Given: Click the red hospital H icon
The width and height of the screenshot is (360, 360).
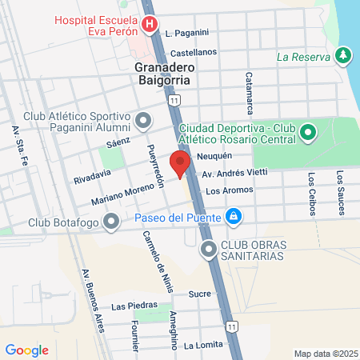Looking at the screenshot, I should click(149, 25).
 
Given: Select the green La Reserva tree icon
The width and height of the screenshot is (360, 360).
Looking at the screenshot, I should click(343, 56).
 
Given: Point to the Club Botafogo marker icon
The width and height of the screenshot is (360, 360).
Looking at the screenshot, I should click(111, 222).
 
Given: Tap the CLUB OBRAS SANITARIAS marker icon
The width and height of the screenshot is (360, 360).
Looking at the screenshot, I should click(210, 250).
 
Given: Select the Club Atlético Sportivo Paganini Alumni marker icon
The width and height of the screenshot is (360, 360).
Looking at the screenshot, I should click(144, 121).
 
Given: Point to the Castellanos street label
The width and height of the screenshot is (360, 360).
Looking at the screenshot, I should click(194, 52).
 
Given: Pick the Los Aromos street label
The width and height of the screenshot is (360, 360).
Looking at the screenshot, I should click(229, 190).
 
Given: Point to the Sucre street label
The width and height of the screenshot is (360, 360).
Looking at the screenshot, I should click(199, 294).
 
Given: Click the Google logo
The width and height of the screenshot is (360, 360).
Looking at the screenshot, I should click(27, 350).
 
